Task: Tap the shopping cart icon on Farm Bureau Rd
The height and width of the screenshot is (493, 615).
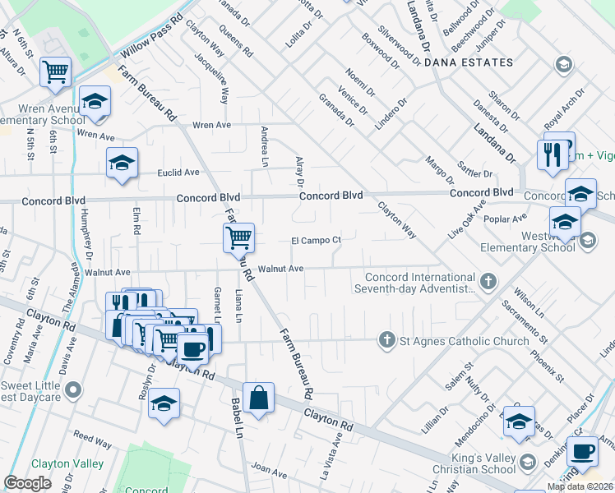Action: [x=238, y=238]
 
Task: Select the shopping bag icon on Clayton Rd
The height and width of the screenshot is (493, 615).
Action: [x=259, y=399]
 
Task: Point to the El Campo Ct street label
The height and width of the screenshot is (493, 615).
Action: [x=316, y=240]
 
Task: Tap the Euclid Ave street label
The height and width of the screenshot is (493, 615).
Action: [x=178, y=173]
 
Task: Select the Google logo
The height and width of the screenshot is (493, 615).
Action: [x=27, y=483]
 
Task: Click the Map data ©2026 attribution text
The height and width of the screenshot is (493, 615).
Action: [x=580, y=486]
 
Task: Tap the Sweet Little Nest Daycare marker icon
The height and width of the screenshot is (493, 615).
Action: [x=75, y=389]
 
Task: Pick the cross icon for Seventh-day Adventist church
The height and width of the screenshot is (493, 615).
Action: [x=488, y=282]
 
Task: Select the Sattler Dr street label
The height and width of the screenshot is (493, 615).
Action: [x=476, y=174]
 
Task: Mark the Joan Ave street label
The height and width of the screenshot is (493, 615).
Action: [x=269, y=470]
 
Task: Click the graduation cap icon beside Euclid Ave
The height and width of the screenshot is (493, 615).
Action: [x=122, y=163]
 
